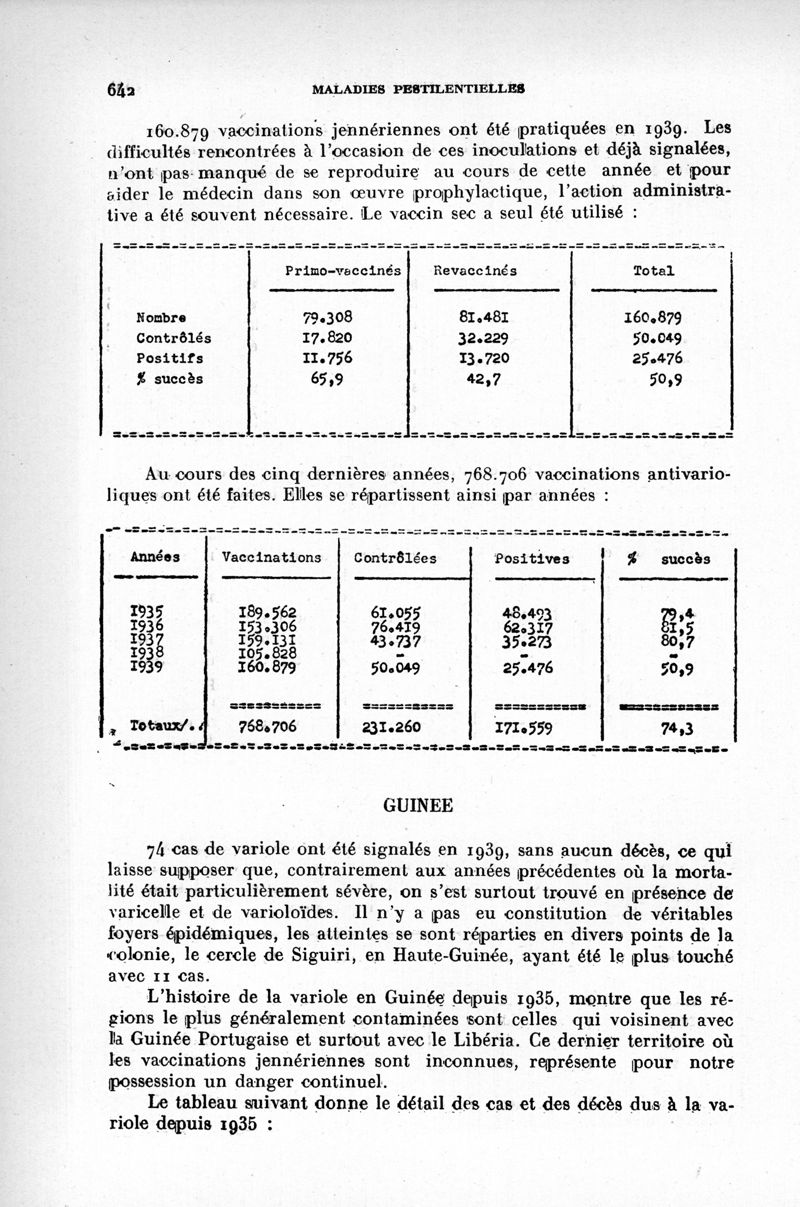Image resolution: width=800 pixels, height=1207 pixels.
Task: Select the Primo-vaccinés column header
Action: (x=342, y=270)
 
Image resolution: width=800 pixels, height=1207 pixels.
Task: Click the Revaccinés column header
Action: (x=475, y=270)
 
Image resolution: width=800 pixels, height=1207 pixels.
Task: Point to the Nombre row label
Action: (x=161, y=319)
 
